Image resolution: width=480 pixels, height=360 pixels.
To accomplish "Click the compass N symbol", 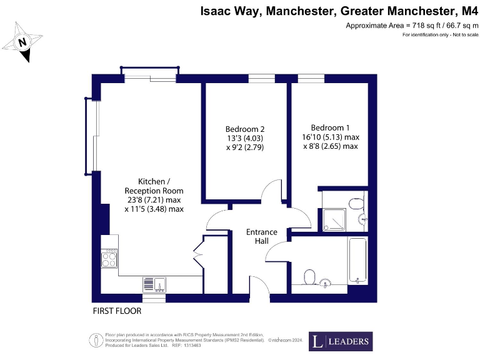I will [x=22, y=42].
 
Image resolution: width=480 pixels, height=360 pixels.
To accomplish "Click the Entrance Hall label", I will [x=261, y=237].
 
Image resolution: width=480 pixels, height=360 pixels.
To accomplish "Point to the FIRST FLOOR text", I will [x=117, y=311].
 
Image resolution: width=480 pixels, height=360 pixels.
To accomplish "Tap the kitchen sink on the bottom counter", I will [x=154, y=284].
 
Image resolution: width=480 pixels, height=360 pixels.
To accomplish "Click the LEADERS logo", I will [x=341, y=341].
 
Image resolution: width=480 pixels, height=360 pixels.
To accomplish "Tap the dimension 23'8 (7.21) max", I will [x=154, y=200].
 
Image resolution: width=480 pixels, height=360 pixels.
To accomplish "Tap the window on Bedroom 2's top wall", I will [x=261, y=78].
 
